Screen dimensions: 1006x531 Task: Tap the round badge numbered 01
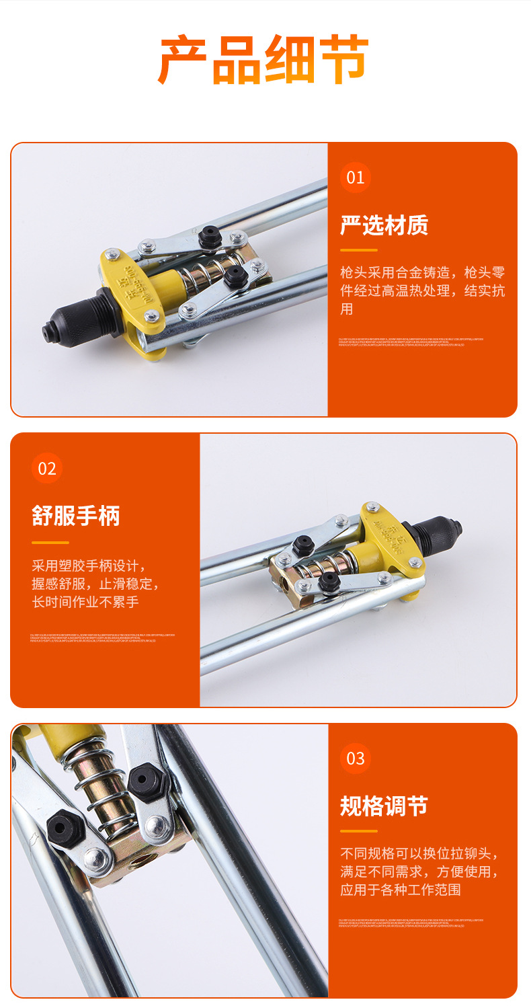click(x=355, y=178)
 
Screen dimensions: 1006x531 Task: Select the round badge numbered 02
click(x=47, y=468)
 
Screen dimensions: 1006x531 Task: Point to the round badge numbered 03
click(x=355, y=759)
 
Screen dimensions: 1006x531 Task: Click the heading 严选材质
click(x=384, y=225)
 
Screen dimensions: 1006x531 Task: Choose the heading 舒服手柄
click(x=76, y=516)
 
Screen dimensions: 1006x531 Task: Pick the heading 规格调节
click(x=384, y=806)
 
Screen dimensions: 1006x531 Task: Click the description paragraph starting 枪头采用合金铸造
click(x=422, y=291)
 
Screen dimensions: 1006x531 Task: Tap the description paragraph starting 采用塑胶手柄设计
click(x=95, y=583)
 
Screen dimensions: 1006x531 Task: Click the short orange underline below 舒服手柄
click(x=50, y=542)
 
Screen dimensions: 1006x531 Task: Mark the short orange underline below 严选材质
click(x=359, y=251)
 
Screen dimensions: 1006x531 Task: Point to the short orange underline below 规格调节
click(x=359, y=831)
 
